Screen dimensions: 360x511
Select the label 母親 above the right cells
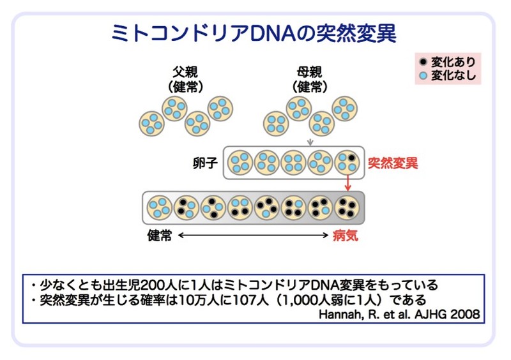[x=310, y=71]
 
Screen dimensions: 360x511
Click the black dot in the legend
[x=423, y=63]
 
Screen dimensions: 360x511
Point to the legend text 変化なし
[x=453, y=76]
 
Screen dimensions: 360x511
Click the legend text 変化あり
[x=453, y=63]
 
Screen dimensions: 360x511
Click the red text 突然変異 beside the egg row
[x=393, y=163]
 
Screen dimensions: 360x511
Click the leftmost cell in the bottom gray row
[x=159, y=207]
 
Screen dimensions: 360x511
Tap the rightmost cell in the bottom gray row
[x=347, y=207]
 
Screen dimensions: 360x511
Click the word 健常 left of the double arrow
[x=159, y=236]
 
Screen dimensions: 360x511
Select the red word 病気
[x=346, y=236]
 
